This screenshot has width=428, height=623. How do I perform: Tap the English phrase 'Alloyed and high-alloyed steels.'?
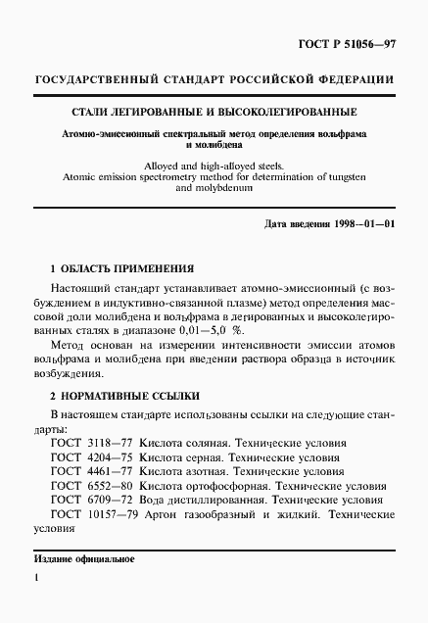coord(213,167)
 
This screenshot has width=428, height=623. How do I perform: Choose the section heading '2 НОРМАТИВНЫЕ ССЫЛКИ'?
coord(124,396)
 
